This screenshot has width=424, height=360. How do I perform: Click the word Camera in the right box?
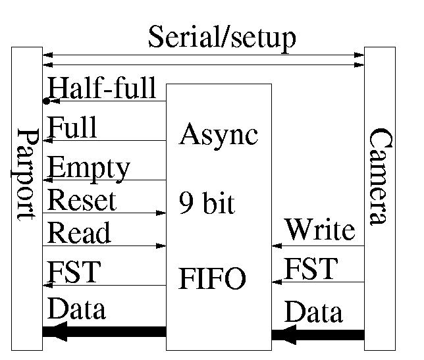(x=380, y=176)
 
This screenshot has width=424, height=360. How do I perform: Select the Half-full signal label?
(x=102, y=88)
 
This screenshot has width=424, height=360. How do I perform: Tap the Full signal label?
(x=72, y=127)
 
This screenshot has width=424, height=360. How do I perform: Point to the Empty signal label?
(x=89, y=168)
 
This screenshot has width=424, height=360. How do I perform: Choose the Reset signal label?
(x=82, y=200)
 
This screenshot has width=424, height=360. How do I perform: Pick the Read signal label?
(x=80, y=233)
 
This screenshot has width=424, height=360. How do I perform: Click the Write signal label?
(x=319, y=230)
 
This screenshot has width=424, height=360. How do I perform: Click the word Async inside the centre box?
(x=219, y=134)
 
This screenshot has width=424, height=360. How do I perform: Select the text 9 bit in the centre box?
(x=207, y=205)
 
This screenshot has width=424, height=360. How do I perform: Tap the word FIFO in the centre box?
(x=213, y=279)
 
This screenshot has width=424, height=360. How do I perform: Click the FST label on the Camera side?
(x=311, y=269)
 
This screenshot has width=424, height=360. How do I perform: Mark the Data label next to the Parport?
(x=77, y=308)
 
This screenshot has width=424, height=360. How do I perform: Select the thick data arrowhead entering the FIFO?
(x=284, y=334)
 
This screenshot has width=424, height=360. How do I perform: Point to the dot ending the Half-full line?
(x=45, y=101)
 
